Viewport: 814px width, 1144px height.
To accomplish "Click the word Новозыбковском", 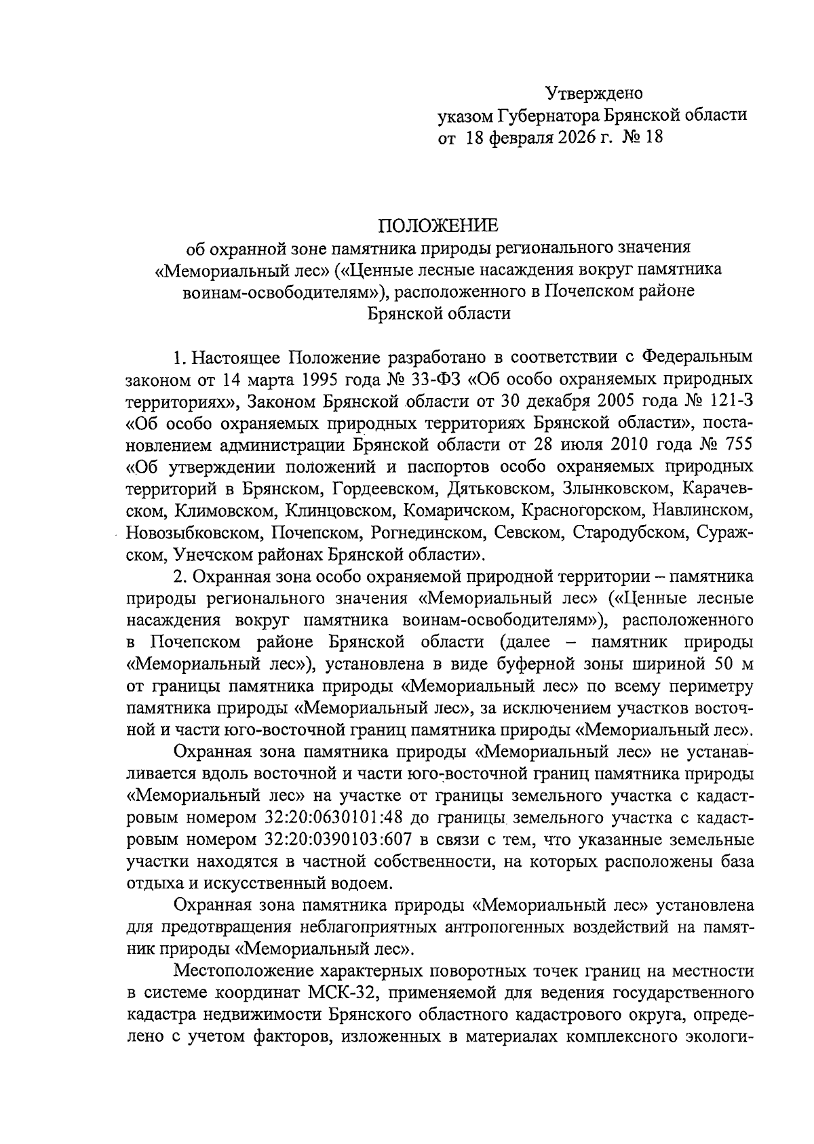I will pyautogui.click(x=191, y=533).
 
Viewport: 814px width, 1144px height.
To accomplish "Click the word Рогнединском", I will pyautogui.click(x=415, y=533).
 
